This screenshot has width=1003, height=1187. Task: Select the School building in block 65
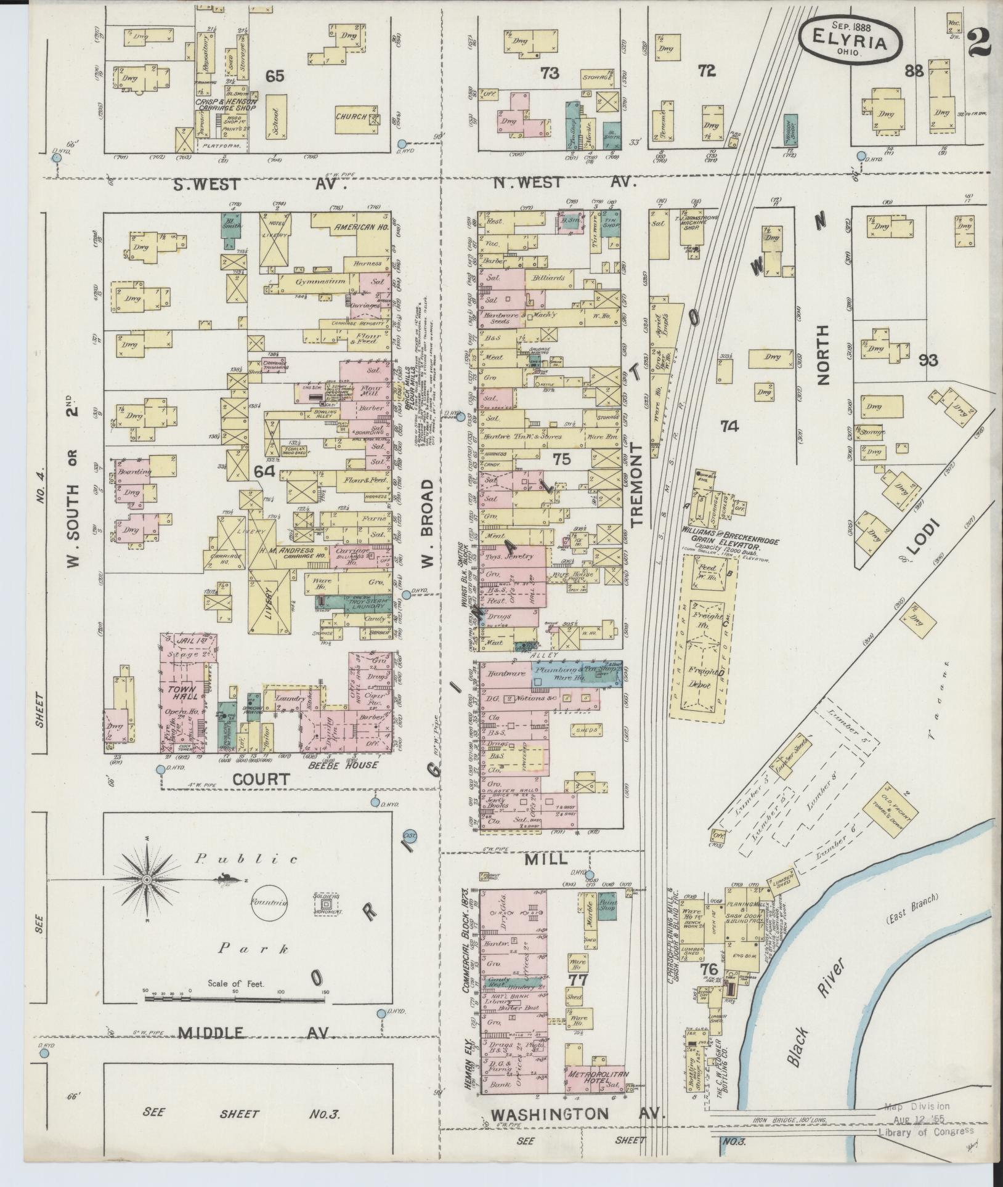click(275, 121)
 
